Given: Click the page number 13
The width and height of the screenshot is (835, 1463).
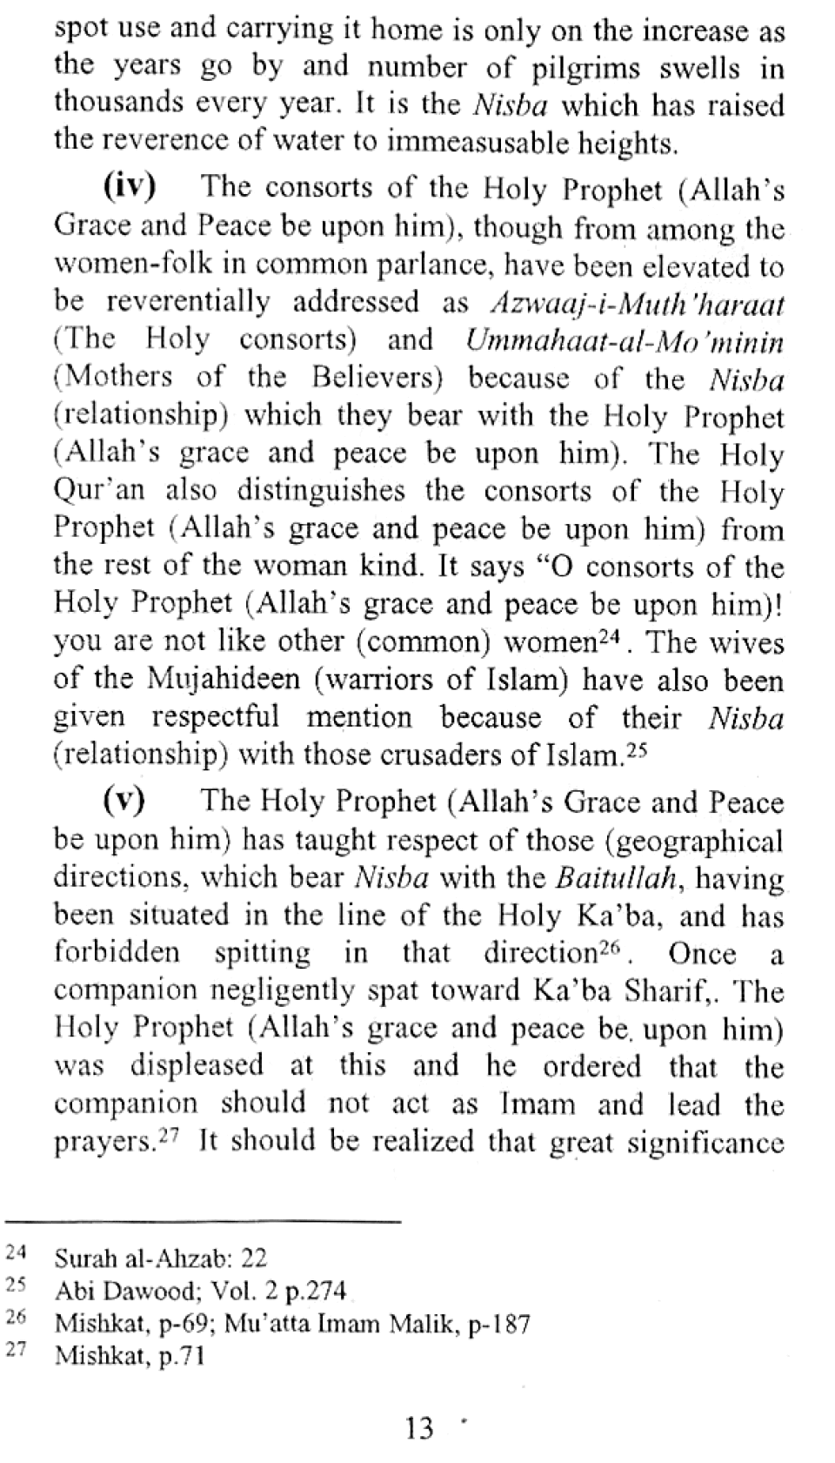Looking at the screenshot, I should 418,1429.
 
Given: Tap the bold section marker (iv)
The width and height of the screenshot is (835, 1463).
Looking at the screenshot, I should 130,187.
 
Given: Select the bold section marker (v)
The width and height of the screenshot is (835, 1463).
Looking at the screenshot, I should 124,801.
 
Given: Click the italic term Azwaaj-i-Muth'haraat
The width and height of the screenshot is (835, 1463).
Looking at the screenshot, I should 638,304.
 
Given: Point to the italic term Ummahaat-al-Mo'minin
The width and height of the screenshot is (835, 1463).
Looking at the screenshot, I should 625,341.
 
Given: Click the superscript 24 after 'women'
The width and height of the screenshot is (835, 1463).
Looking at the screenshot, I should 611,638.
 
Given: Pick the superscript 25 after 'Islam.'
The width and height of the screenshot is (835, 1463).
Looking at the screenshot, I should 638,749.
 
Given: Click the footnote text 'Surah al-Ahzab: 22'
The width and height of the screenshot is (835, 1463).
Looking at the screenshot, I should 161,1258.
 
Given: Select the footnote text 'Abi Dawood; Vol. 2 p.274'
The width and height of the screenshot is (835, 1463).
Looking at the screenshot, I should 200,1291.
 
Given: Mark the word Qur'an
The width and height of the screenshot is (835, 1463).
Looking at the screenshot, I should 99,492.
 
